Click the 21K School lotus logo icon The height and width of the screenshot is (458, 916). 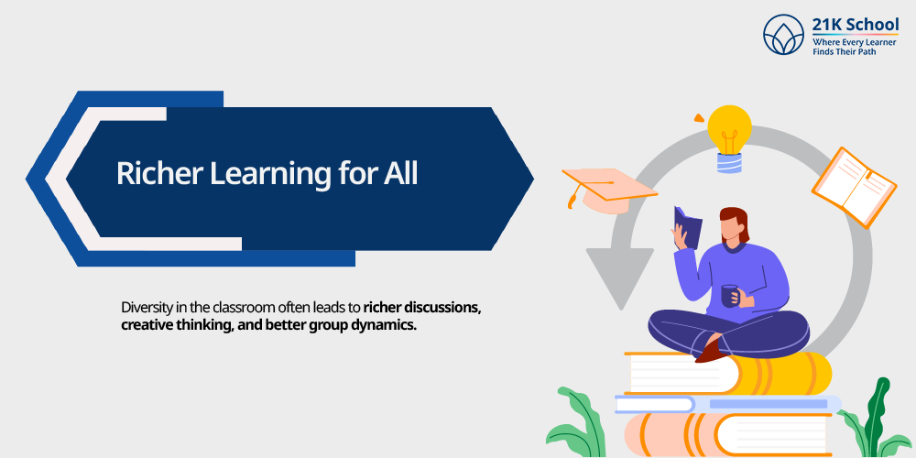click(784, 35)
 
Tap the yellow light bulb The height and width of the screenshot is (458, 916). click(729, 137)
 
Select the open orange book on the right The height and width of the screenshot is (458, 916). click(854, 187)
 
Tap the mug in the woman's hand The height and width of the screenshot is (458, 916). click(728, 296)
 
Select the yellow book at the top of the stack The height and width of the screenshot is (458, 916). click(728, 373)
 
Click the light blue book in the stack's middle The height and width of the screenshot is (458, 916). click(728, 404)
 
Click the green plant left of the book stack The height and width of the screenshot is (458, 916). click(575, 423)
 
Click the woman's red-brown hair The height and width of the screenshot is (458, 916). click(736, 223)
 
